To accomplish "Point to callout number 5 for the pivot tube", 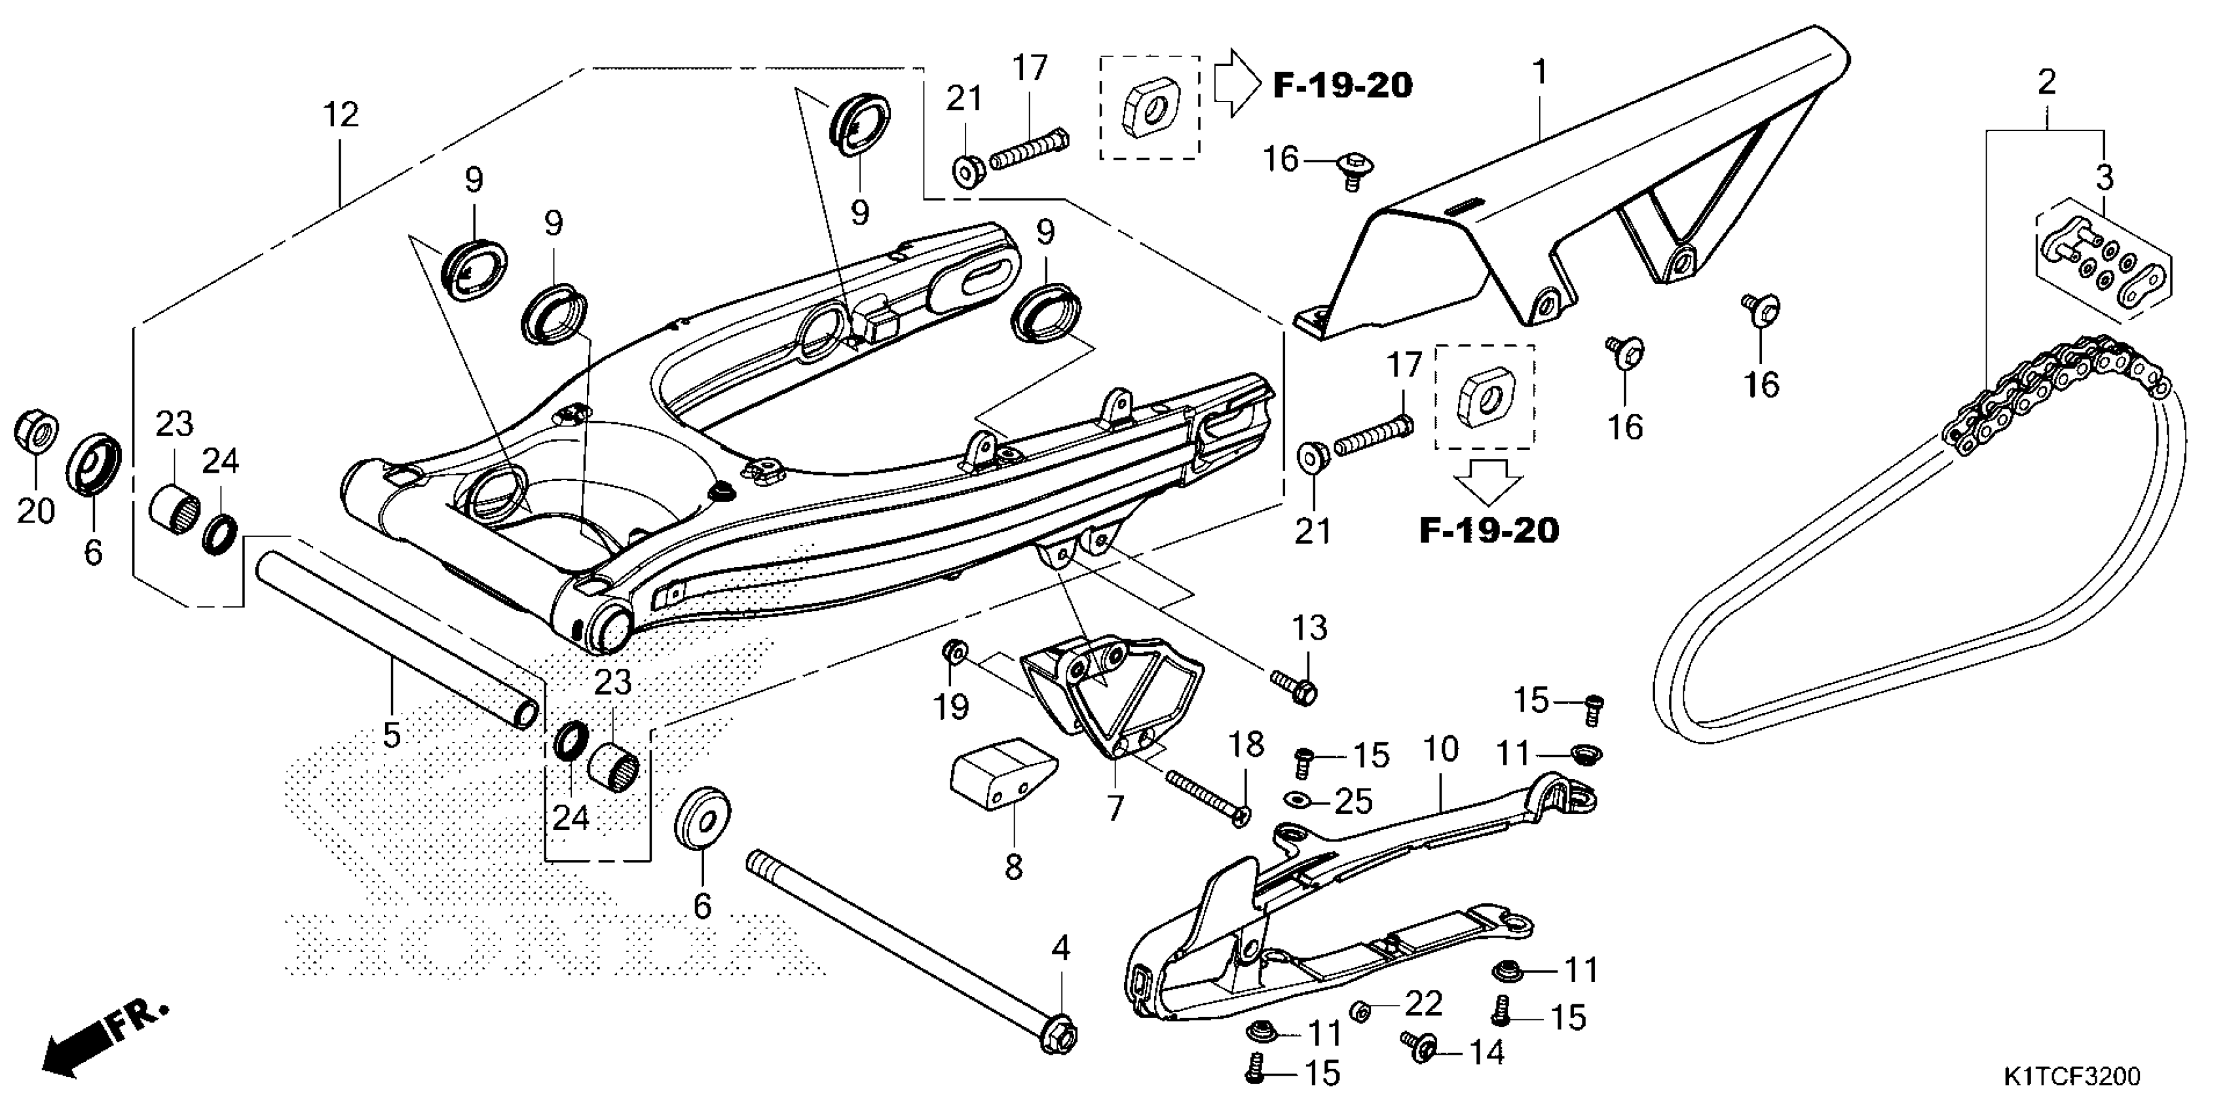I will click(x=392, y=735).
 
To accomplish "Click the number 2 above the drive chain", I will click(x=2046, y=84).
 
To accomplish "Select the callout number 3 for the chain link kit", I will click(x=2105, y=178).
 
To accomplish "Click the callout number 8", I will click(x=1013, y=866).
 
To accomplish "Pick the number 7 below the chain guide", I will click(x=1115, y=809).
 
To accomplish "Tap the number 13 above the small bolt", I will click(x=1309, y=629).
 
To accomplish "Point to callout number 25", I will click(x=1353, y=802).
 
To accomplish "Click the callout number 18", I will click(x=1246, y=744).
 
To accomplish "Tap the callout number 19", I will click(x=951, y=708).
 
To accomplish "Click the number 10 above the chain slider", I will click(x=1440, y=749).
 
